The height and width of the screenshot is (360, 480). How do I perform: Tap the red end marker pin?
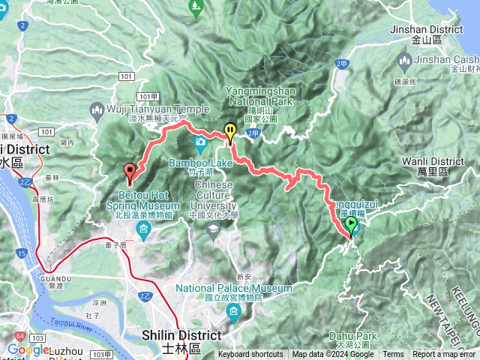(129, 172)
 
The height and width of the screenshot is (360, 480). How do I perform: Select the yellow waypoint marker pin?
(230, 131)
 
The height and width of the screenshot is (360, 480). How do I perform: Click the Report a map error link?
(445, 355)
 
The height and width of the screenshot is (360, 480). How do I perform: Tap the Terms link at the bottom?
(393, 355)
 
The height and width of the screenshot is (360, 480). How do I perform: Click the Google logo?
(28, 349)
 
